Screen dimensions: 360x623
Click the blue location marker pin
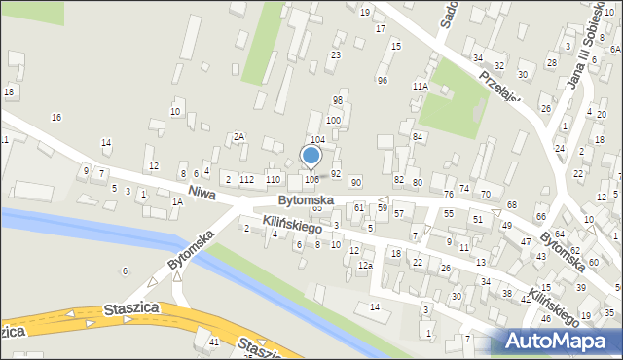click(311, 157)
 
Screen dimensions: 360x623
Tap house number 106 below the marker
click(311, 179)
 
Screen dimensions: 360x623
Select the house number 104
click(317, 141)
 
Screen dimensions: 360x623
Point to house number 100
click(333, 120)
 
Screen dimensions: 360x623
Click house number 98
click(338, 100)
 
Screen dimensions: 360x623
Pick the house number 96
click(383, 80)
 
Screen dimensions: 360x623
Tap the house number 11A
click(420, 86)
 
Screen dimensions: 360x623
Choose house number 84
click(417, 136)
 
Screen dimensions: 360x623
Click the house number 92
click(336, 173)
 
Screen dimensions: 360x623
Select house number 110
click(273, 179)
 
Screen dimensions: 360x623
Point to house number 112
click(247, 179)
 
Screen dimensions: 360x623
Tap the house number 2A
click(238, 137)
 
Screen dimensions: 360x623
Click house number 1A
click(177, 202)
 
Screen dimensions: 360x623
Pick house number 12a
click(365, 266)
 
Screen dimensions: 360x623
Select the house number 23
click(335, 55)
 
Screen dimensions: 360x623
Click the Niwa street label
click(201, 191)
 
